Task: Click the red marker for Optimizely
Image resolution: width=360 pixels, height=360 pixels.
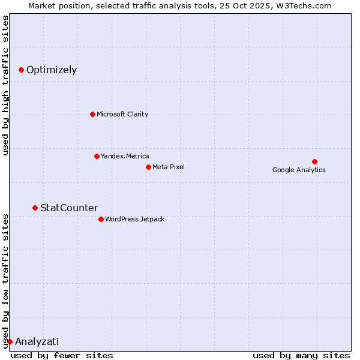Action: pyautogui.click(x=21, y=70)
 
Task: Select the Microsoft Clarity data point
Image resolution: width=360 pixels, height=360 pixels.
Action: pyautogui.click(x=92, y=114)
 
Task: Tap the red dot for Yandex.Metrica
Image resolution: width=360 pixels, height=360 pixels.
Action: pyautogui.click(x=97, y=156)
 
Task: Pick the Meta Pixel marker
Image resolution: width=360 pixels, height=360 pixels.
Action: pyautogui.click(x=148, y=167)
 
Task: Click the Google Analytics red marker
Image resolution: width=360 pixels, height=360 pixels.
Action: pyautogui.click(x=314, y=161)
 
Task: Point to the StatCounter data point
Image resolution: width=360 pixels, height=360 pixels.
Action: pyautogui.click(x=35, y=208)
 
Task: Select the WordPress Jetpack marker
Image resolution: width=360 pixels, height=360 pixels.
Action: pyautogui.click(x=101, y=219)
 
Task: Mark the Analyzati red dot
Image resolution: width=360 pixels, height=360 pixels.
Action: pyautogui.click(x=10, y=341)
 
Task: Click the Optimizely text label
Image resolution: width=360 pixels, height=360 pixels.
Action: pyautogui.click(x=52, y=70)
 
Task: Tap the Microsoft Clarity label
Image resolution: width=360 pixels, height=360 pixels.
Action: pyautogui.click(x=122, y=114)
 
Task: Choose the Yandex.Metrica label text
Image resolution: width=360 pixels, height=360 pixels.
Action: pyautogui.click(x=125, y=156)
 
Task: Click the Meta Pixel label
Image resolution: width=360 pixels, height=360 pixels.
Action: pyautogui.click(x=169, y=167)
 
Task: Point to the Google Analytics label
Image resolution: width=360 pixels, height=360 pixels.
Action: pyautogui.click(x=299, y=170)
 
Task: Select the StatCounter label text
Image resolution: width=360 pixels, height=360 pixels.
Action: pyautogui.click(x=69, y=208)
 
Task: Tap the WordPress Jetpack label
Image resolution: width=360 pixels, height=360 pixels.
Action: pyautogui.click(x=134, y=219)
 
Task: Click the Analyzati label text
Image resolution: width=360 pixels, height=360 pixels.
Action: pyautogui.click(x=37, y=342)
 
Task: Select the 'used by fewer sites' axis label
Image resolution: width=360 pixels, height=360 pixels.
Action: pyautogui.click(x=62, y=355)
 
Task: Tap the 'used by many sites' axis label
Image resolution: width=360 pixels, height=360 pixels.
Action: pyautogui.click(x=301, y=355)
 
